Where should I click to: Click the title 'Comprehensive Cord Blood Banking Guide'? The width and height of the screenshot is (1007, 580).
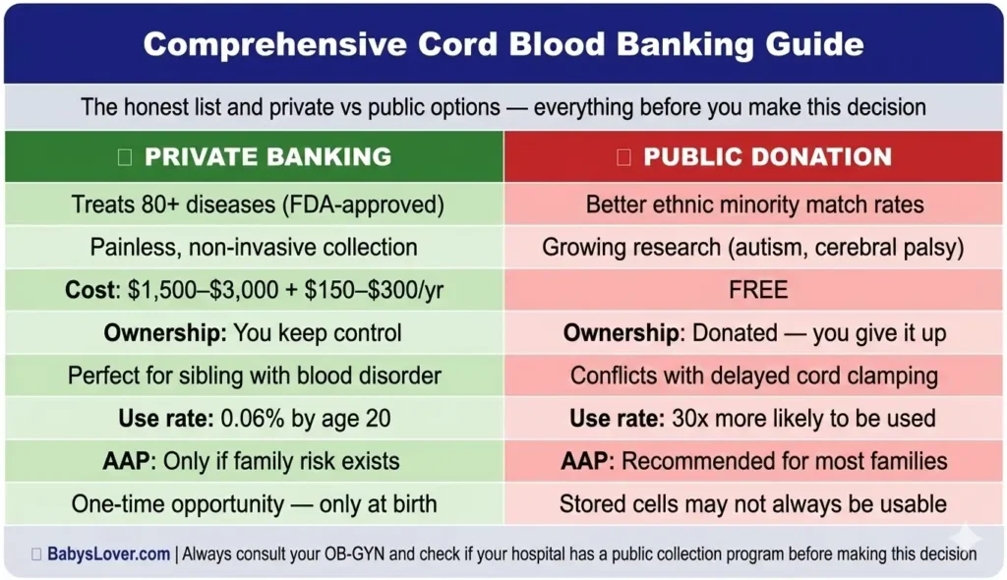click(x=503, y=44)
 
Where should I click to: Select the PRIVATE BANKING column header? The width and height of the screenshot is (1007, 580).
click(x=267, y=157)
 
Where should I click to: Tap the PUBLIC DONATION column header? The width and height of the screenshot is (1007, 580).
click(x=767, y=157)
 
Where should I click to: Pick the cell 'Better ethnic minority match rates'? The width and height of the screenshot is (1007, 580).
click(x=754, y=205)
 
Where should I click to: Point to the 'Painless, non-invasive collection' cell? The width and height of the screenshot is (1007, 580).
click(x=254, y=248)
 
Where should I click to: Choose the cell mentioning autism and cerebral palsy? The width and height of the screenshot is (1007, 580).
click(x=754, y=248)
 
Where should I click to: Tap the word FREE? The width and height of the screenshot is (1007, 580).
click(x=754, y=290)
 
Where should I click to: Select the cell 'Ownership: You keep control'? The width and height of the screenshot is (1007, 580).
click(x=254, y=333)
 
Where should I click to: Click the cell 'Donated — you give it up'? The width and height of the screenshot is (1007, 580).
click(x=754, y=333)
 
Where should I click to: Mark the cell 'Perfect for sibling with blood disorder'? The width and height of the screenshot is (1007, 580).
click(x=254, y=376)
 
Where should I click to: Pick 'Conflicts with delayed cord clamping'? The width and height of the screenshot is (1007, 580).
click(x=754, y=376)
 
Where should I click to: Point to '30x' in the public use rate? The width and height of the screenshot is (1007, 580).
click(x=687, y=419)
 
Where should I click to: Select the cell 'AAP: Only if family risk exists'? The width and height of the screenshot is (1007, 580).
click(x=254, y=461)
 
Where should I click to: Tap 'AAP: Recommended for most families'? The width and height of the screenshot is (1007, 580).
click(x=754, y=461)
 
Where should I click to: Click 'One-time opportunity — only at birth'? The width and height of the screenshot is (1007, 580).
click(x=254, y=504)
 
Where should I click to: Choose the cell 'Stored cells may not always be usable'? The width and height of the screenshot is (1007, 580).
click(x=754, y=504)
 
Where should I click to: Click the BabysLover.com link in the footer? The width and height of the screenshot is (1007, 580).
click(x=108, y=554)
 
